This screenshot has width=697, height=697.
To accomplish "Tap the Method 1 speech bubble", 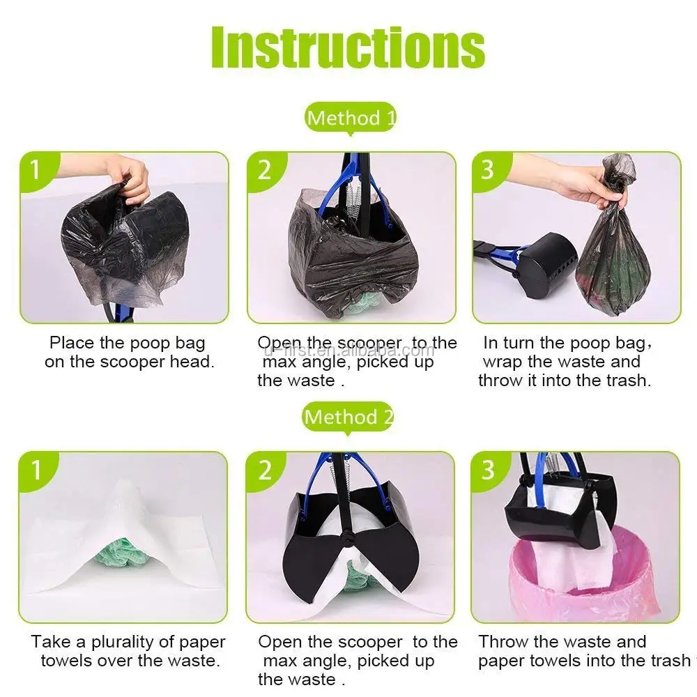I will [x=351, y=118].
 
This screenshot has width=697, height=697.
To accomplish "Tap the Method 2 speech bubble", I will [x=348, y=418].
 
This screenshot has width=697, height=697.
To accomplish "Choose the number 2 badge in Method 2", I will [x=265, y=470].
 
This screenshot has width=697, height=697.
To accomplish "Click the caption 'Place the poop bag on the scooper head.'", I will [x=129, y=352].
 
